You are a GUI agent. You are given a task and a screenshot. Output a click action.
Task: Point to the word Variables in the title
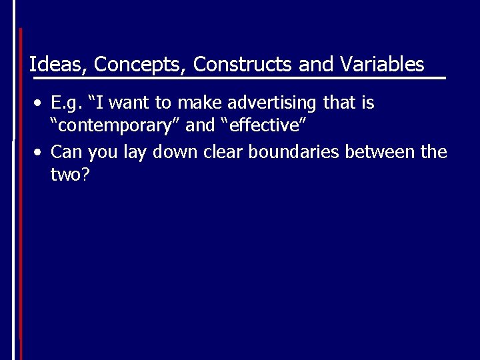pyautogui.click(x=381, y=65)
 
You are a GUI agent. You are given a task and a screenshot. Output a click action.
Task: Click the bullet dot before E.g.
pyautogui.click(x=41, y=104)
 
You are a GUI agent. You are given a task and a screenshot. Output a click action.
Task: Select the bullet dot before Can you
pyautogui.click(x=41, y=153)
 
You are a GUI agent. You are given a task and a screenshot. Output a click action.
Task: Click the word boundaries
pyautogui.click(x=293, y=152)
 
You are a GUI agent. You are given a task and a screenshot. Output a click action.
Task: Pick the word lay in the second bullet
pyautogui.click(x=137, y=152)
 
